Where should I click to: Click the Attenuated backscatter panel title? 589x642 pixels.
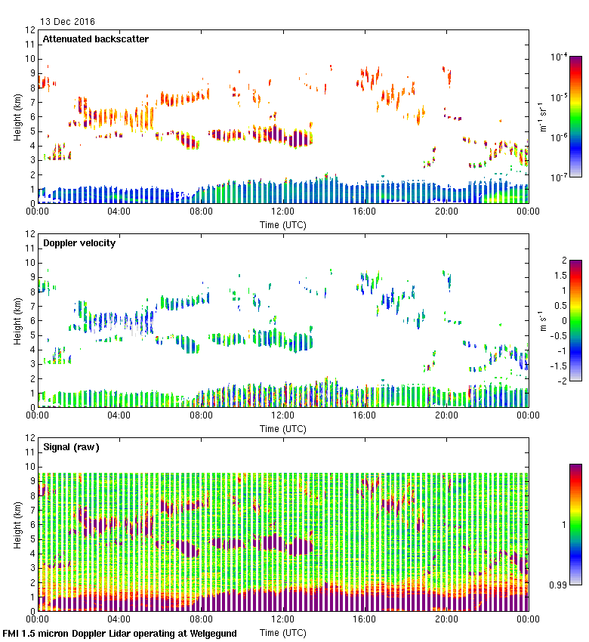coord(95,39)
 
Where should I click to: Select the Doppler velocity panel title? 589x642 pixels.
coord(79,243)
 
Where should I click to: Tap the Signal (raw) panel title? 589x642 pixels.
coord(71,447)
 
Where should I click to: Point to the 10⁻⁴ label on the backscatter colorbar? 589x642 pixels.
coord(560,57)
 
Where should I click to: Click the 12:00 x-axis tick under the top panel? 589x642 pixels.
coord(282,211)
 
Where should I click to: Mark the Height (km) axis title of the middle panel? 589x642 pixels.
coord(17,320)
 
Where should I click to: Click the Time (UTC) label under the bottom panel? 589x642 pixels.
coord(282,631)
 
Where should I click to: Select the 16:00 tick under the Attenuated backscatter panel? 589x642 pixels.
coord(365,211)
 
